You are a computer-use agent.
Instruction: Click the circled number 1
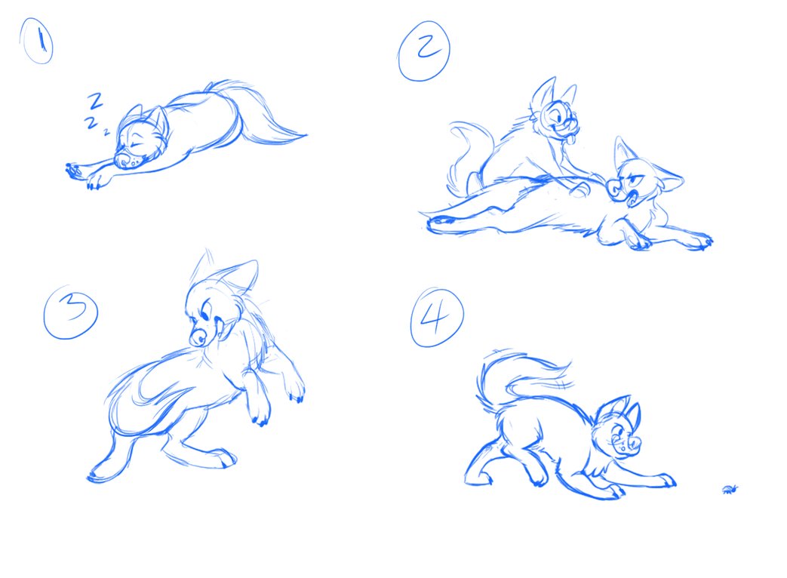(36, 42)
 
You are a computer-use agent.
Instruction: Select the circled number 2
(424, 50)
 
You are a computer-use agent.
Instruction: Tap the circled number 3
(70, 312)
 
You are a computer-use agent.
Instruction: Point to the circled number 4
(437, 318)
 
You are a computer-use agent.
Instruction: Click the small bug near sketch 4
(730, 489)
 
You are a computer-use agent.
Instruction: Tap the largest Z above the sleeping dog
(95, 101)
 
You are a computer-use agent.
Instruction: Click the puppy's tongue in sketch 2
(570, 139)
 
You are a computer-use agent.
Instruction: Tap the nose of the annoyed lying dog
(614, 188)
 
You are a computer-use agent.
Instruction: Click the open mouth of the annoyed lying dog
(632, 198)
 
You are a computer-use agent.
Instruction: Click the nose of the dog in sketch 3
(198, 337)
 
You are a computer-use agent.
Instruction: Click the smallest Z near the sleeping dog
(106, 133)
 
